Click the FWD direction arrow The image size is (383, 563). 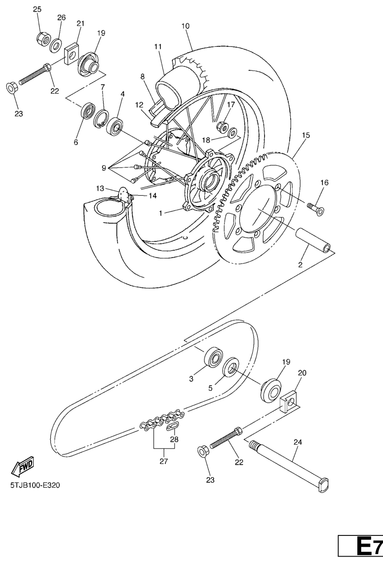[23, 466]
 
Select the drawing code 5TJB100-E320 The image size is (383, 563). [35, 485]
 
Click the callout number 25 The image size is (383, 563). [38, 9]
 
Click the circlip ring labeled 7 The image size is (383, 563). [101, 119]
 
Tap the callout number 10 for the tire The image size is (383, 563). [186, 26]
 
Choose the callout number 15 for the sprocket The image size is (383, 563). [306, 136]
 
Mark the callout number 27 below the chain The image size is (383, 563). [164, 461]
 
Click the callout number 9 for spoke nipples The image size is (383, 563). [104, 168]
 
